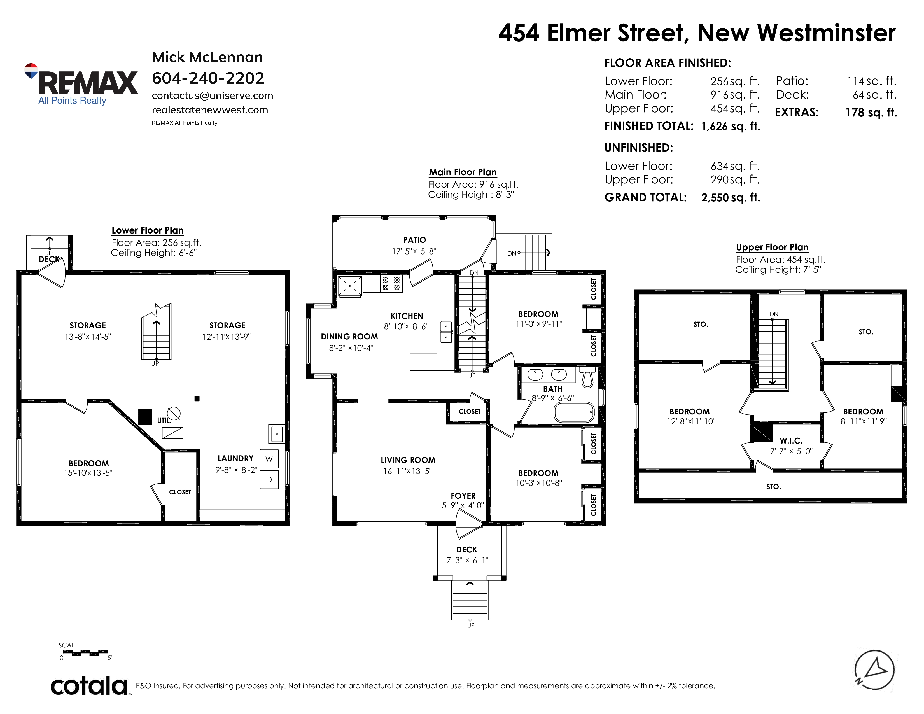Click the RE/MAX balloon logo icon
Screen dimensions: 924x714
tap(31, 71)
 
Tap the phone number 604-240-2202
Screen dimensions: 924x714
tap(208, 78)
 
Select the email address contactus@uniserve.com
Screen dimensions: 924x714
tap(213, 95)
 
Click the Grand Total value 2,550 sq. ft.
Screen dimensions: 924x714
tap(731, 197)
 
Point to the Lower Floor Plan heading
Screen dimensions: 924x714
tap(147, 230)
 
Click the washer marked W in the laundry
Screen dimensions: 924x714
tap(269, 459)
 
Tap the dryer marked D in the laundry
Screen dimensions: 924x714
tap(269, 480)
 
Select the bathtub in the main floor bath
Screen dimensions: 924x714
tap(574, 412)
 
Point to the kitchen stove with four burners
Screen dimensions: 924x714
tap(391, 284)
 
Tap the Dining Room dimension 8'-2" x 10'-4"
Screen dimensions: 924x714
tap(351, 348)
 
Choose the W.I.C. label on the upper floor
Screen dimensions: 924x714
tap(791, 441)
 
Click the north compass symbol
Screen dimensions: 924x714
tap(874, 670)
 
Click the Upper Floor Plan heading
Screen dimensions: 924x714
tap(772, 248)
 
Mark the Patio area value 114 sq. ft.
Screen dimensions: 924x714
tap(872, 81)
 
